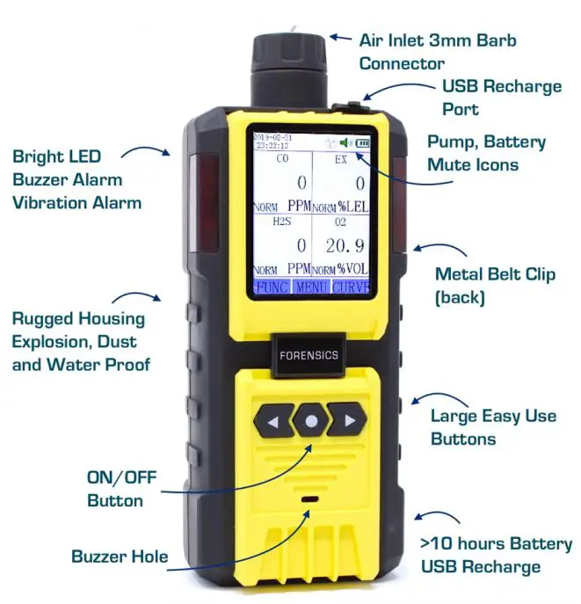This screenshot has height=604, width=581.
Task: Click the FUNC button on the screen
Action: pyautogui.click(x=271, y=287)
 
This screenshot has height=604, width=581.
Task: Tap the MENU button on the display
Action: pyautogui.click(x=311, y=287)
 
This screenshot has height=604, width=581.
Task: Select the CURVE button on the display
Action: pyautogui.click(x=352, y=287)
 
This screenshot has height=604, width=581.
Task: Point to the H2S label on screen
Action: pyautogui.click(x=281, y=222)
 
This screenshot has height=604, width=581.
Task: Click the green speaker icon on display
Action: pyautogui.click(x=346, y=142)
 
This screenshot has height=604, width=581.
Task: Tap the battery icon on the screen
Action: pyautogui.click(x=363, y=142)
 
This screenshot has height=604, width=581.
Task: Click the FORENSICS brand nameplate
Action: pyautogui.click(x=310, y=357)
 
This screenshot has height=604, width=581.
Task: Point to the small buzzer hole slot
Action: pyautogui.click(x=309, y=499)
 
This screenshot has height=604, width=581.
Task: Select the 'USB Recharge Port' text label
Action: pyautogui.click(x=501, y=98)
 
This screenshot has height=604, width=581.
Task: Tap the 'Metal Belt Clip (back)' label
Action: pyautogui.click(x=495, y=286)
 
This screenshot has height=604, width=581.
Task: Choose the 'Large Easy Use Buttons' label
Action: pyautogui.click(x=493, y=427)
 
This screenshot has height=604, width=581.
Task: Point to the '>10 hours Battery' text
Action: pyautogui.click(x=496, y=544)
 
